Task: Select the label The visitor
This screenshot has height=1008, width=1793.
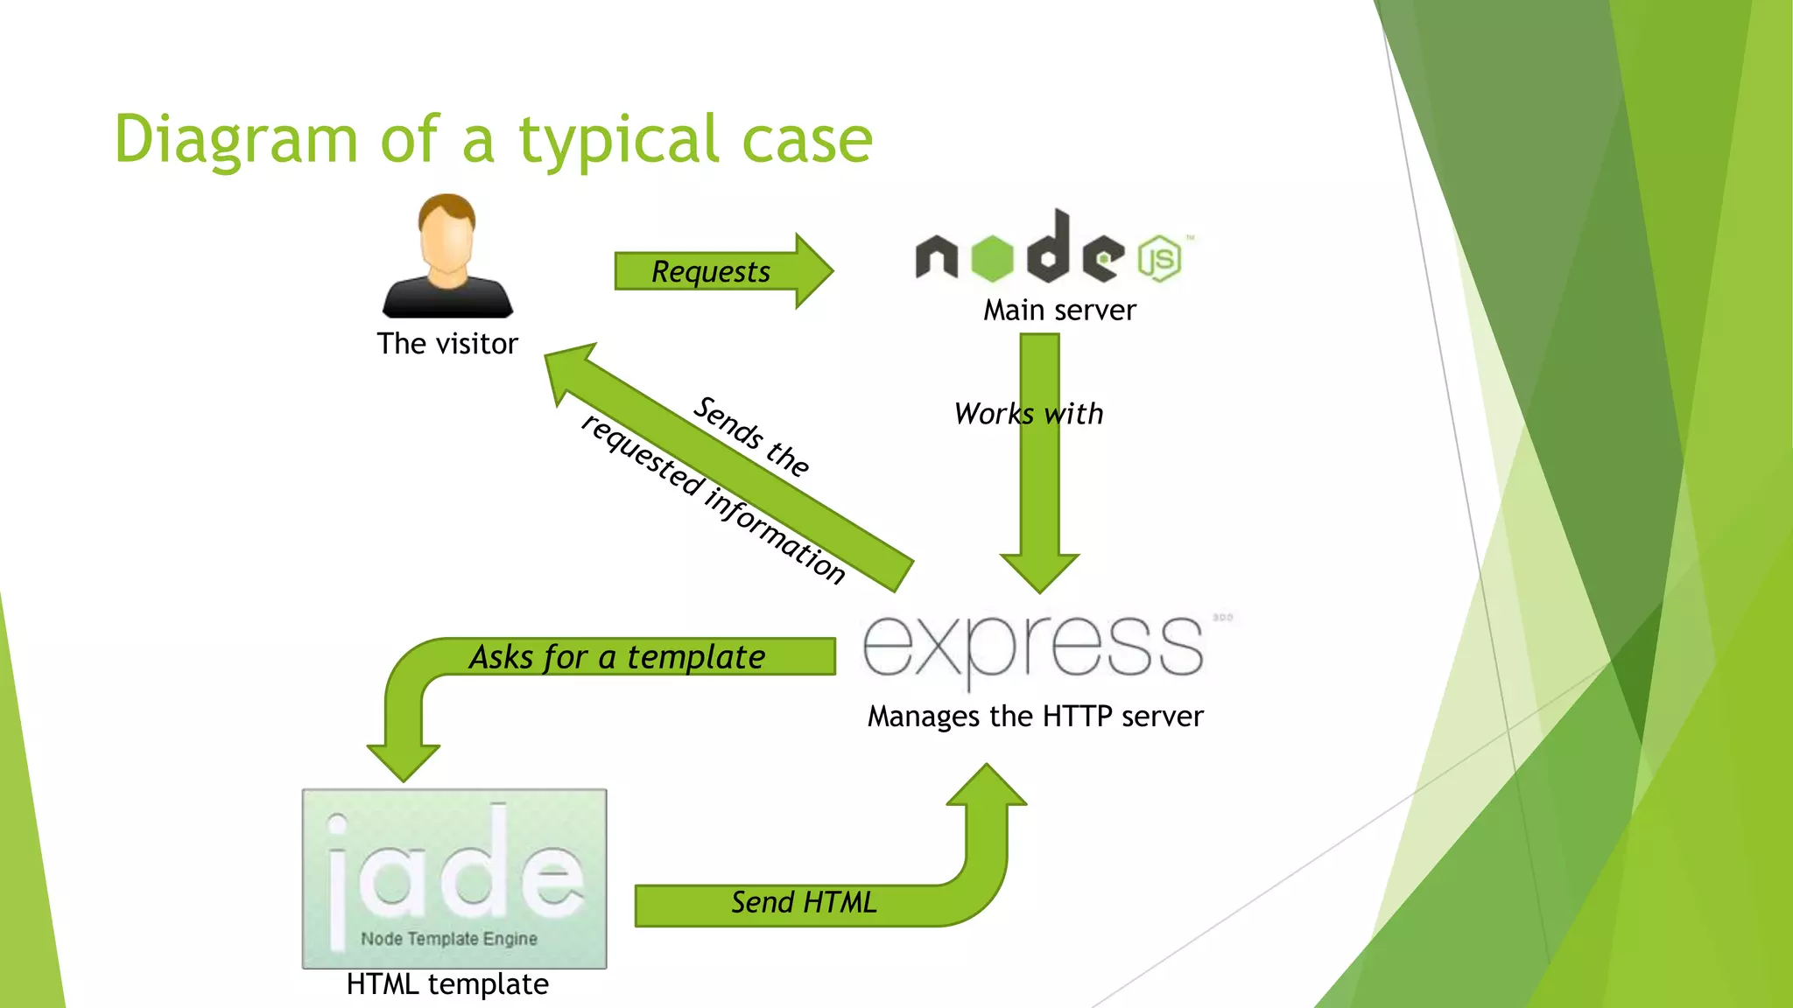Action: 447,344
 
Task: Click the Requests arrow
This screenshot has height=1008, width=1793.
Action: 711,271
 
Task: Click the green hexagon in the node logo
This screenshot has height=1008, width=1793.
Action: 992,258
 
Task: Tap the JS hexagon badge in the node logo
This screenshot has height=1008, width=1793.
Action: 1160,259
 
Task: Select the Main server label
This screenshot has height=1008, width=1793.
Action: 1059,310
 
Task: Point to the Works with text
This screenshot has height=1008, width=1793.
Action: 1029,413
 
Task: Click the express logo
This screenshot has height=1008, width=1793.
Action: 1033,647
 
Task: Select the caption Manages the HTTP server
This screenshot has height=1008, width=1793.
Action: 1035,717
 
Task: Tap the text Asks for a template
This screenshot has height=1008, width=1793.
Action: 617,656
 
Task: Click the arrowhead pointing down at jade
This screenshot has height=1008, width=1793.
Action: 403,761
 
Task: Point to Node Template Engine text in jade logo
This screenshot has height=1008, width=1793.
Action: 449,939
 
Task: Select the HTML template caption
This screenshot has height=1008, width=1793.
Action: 447,984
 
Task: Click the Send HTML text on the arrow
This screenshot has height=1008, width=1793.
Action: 804,902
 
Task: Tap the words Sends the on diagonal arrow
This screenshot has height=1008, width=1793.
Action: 751,436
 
